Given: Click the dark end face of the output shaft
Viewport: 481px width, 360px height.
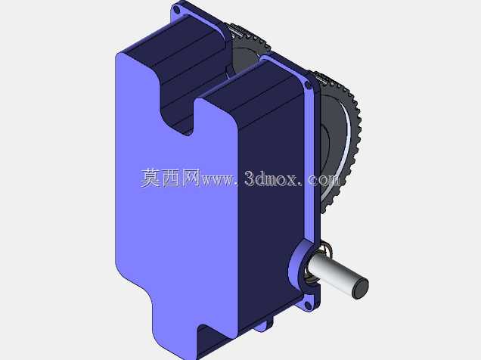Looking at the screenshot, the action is pos(360,289).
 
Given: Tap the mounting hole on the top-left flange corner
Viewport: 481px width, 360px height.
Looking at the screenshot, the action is pos(176,10).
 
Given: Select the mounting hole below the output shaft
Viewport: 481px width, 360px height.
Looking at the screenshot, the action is pos(307,305).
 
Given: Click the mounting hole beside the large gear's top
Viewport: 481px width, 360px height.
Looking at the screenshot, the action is pos(308,86).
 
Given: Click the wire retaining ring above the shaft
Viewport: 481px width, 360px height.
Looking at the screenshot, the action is pos(326,249).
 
